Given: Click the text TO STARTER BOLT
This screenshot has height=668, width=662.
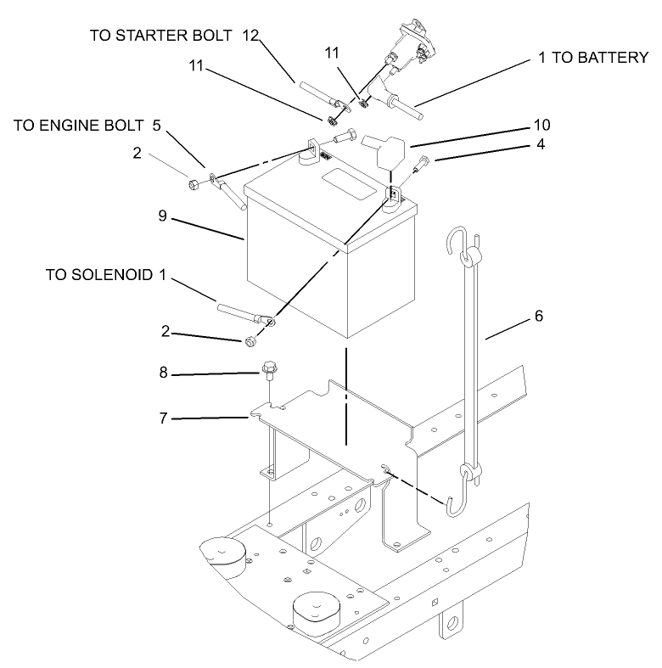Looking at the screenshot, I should click(x=161, y=36).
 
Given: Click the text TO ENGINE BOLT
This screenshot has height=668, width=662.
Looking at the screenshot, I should click(x=79, y=126).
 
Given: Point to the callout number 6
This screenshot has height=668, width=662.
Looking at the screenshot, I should click(x=537, y=317).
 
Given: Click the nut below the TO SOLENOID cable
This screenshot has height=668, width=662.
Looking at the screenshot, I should click(x=250, y=341).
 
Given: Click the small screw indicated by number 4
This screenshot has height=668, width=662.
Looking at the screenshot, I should click(x=421, y=166).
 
